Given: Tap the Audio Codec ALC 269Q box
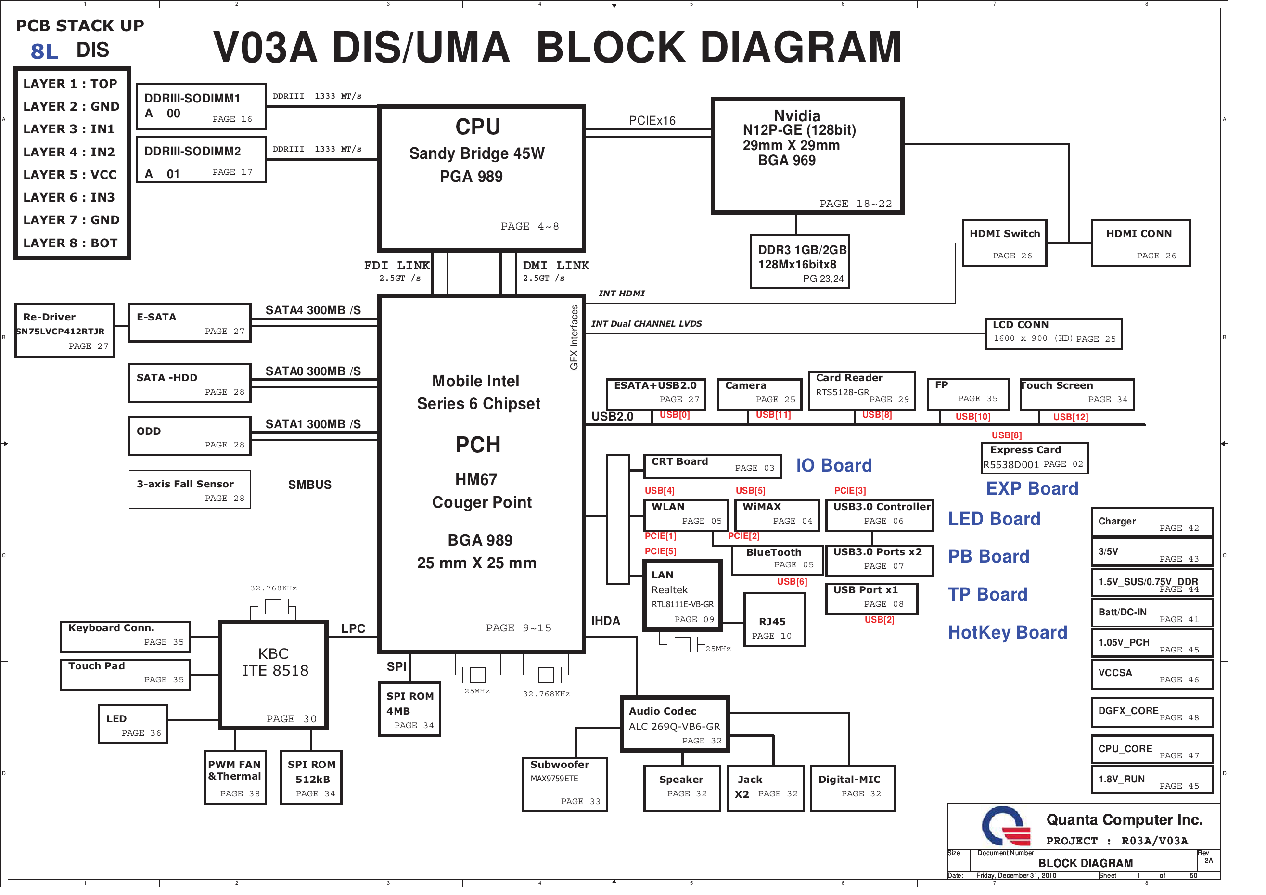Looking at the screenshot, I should pyautogui.click(x=675, y=725).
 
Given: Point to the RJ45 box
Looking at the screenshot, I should pyautogui.click(x=774, y=627).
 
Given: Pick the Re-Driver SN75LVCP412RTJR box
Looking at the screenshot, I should pyautogui.click(x=64, y=330).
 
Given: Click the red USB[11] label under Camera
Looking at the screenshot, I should pyautogui.click(x=773, y=415).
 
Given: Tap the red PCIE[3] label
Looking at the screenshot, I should pyautogui.click(x=850, y=490).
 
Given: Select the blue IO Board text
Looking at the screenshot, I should pyautogui.click(x=834, y=465).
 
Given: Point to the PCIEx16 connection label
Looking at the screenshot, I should pyautogui.click(x=652, y=121).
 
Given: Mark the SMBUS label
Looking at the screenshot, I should pyautogui.click(x=310, y=485).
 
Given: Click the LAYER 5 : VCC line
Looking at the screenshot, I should pyautogui.click(x=70, y=175).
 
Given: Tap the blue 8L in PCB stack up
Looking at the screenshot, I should pyautogui.click(x=44, y=52).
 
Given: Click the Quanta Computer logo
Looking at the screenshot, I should pyautogui.click(x=1006, y=826).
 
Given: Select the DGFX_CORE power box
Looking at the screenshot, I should pyautogui.click(x=1152, y=712).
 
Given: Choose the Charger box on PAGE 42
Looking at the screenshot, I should pyautogui.click(x=1152, y=522).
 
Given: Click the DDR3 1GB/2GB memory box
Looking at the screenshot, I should pyautogui.click(x=800, y=262).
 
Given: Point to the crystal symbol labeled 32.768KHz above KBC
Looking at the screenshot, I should pyautogui.click(x=273, y=607).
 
